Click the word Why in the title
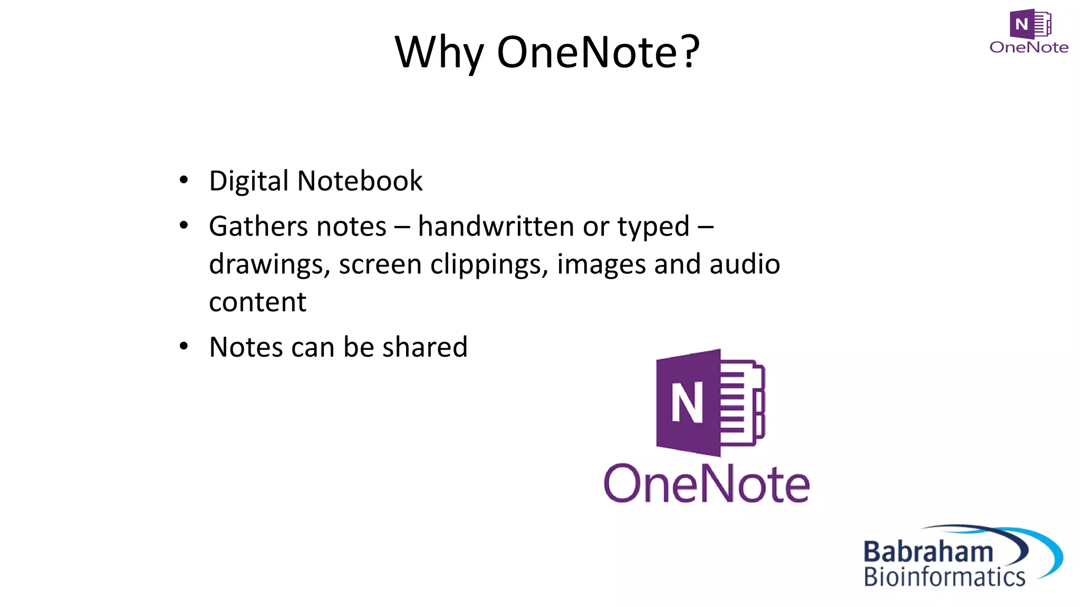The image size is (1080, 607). pyautogui.click(x=439, y=53)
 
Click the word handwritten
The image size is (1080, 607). pyautogui.click(x=496, y=227)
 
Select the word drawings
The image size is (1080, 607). pyautogui.click(x=269, y=265)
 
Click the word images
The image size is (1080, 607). pyautogui.click(x=601, y=265)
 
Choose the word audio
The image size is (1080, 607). pyautogui.click(x=745, y=265)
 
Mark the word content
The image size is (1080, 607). pyautogui.click(x=257, y=302)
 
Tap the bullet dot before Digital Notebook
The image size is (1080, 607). pyautogui.click(x=184, y=181)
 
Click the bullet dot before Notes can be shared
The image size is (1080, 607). pyautogui.click(x=184, y=347)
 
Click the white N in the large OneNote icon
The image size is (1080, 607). pyautogui.click(x=687, y=403)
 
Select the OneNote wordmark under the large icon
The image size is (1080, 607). pyautogui.click(x=706, y=484)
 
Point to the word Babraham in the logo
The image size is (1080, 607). pyautogui.click(x=928, y=552)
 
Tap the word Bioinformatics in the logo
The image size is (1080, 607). pyautogui.click(x=944, y=577)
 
